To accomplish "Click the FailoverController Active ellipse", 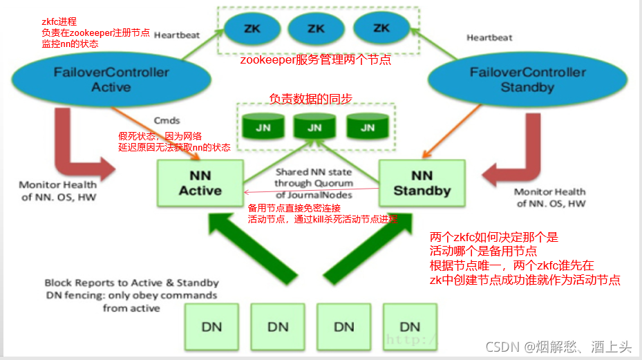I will tap(111, 79).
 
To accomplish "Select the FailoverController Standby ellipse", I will tap(527, 79).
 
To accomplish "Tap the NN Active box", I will tap(200, 183).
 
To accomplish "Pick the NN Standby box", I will tap(422, 183).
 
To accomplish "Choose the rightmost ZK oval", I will tap(381, 28).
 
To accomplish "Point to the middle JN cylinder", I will tap(314, 126).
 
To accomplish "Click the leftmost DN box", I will tap(212, 325).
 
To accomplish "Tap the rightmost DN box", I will tap(409, 325).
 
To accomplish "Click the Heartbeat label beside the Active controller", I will tap(177, 35).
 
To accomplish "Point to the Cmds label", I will tap(167, 120).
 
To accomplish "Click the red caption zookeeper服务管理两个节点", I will tap(315, 60).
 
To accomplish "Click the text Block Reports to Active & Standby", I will tap(131, 283).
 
